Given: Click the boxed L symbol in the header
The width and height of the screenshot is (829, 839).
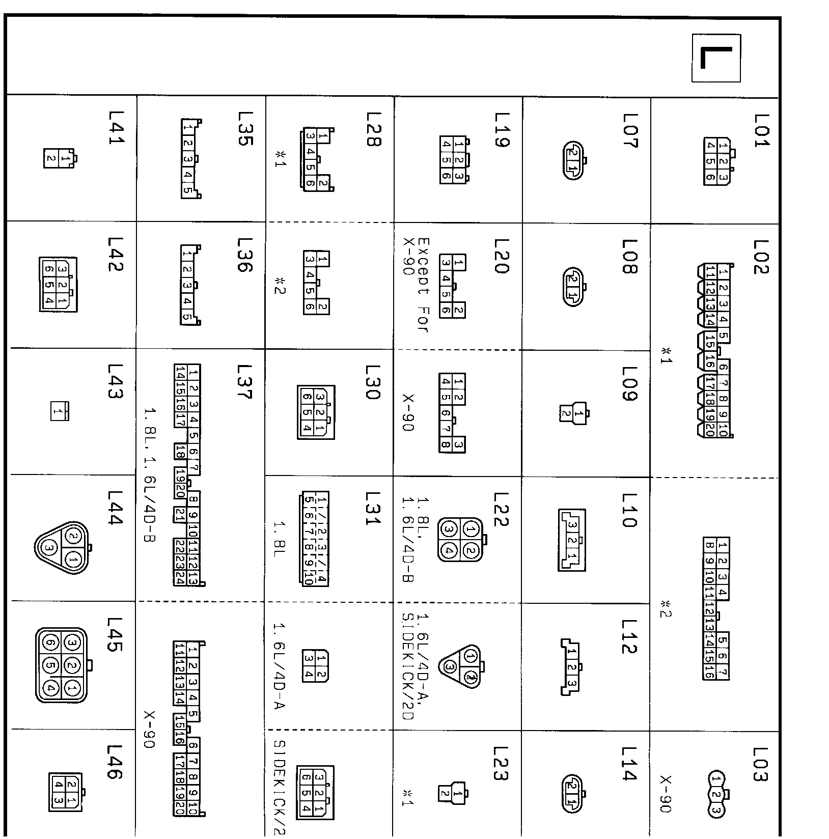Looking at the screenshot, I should pyautogui.click(x=716, y=58).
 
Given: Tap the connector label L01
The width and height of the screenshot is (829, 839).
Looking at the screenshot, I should pyautogui.click(x=760, y=131).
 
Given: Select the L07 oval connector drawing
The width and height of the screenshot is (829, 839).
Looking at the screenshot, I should pyautogui.click(x=573, y=160).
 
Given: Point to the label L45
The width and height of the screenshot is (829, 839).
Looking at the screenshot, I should pyautogui.click(x=115, y=635).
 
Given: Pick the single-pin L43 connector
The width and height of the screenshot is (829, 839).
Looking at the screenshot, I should pyautogui.click(x=59, y=411).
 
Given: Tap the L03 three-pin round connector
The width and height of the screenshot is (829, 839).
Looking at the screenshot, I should pyautogui.click(x=717, y=794).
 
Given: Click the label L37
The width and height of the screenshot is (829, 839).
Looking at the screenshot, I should pyautogui.click(x=244, y=382).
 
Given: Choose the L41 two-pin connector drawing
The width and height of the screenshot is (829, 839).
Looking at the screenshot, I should pyautogui.click(x=59, y=158).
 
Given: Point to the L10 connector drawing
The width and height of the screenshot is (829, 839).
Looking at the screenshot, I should pyautogui.click(x=572, y=541).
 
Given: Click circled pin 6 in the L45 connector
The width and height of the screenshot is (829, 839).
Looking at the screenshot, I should pyautogui.click(x=50, y=642).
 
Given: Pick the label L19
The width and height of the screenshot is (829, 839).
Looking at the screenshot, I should pyautogui.click(x=502, y=130).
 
